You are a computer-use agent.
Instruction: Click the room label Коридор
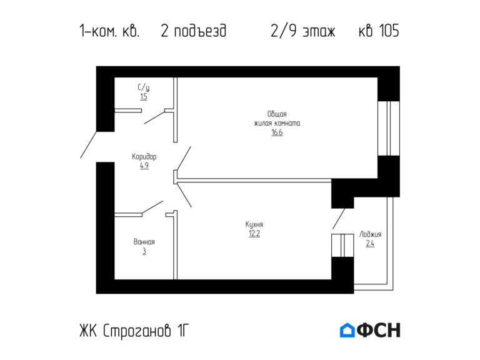coord(144,157)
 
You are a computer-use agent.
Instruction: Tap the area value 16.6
coord(277,132)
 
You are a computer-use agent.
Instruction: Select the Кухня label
coord(254,224)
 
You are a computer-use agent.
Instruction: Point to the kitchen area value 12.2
coord(254,234)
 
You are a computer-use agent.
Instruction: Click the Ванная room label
coord(144,242)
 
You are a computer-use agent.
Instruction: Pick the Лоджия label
coord(370,234)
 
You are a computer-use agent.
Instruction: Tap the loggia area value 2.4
coord(370,244)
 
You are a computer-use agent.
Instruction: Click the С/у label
coord(144,87)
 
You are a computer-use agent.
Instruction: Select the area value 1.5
coord(144,97)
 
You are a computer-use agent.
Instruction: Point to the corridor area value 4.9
coord(144,166)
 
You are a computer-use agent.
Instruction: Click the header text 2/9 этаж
coord(303,31)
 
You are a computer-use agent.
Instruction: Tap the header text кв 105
coord(379,31)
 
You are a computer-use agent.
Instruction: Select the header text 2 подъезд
coord(193,31)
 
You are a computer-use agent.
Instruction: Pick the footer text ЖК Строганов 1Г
coord(133,331)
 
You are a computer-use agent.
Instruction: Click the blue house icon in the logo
coord(347,331)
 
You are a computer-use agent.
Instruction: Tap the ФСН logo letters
coord(379,331)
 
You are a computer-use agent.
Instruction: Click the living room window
coord(388,128)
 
